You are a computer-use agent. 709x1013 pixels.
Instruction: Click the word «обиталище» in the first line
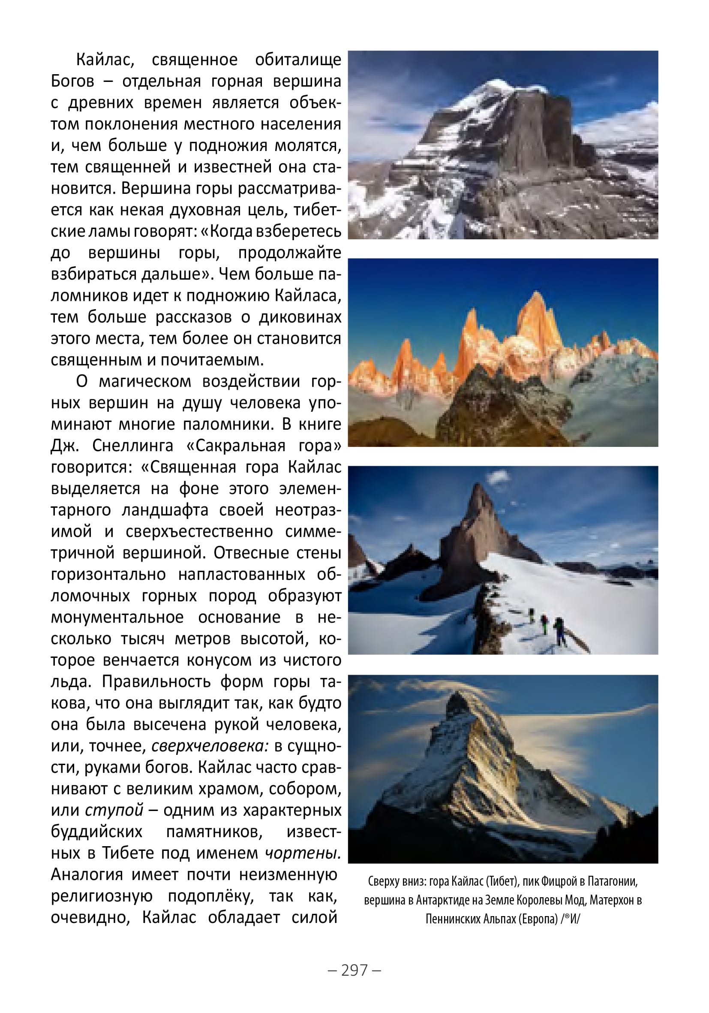click(x=298, y=60)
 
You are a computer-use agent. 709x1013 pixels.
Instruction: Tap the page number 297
click(x=354, y=970)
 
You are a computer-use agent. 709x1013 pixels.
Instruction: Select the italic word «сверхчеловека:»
click(x=210, y=746)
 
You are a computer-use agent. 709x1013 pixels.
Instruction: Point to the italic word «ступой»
click(x=114, y=811)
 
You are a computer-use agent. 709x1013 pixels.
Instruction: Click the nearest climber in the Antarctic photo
click(x=559, y=631)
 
